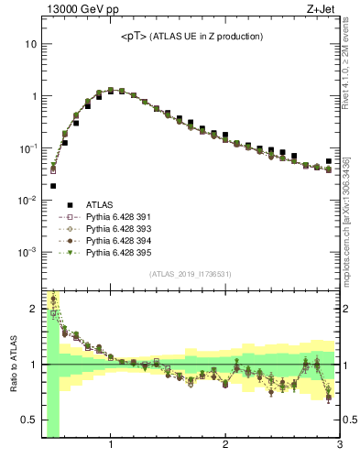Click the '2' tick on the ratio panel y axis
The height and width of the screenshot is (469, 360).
pos(34,309)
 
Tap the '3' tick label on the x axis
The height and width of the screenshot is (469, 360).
pos(339,446)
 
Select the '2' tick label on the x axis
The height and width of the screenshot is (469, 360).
pos(225,446)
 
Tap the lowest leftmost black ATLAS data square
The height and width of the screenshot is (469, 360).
pos(52,186)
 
